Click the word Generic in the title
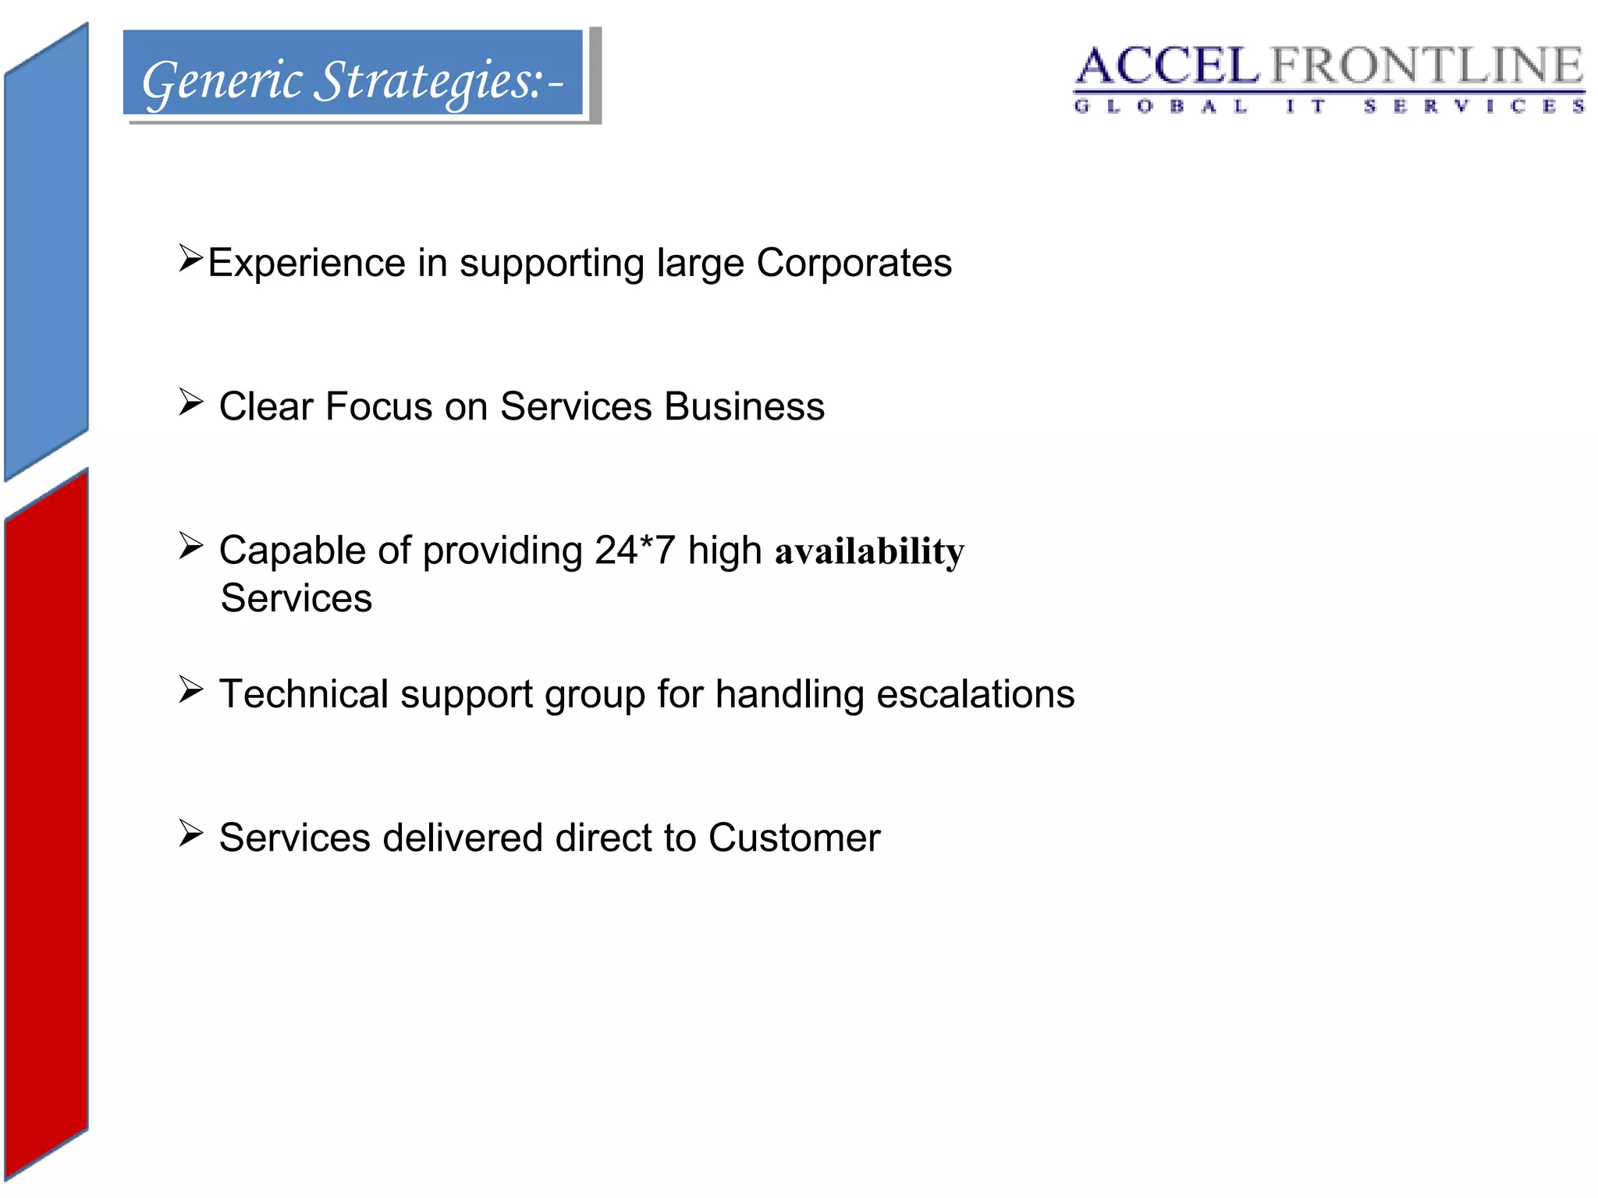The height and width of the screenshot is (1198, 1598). click(222, 81)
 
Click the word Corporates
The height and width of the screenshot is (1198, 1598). click(854, 263)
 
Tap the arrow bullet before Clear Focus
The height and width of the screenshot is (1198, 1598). click(190, 402)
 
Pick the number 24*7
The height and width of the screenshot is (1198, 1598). click(634, 550)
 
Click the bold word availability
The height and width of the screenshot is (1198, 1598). click(869, 551)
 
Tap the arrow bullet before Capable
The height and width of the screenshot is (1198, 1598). click(190, 546)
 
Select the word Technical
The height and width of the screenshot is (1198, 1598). click(304, 693)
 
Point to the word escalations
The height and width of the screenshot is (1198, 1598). click(975, 693)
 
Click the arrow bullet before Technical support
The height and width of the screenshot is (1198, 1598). click(190, 689)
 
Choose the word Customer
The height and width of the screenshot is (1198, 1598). click(794, 838)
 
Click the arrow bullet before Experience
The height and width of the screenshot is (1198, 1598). click(190, 257)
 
